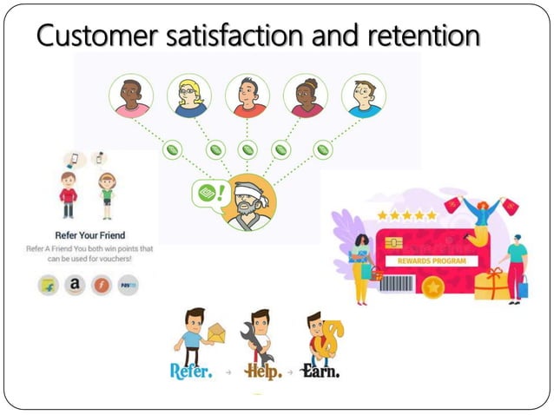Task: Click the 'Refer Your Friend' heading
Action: tap(89, 234)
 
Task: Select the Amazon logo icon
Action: tap(76, 284)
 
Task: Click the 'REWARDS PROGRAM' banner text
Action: tap(432, 260)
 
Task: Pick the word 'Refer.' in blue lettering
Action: tap(191, 370)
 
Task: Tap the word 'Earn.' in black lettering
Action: tap(320, 370)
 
